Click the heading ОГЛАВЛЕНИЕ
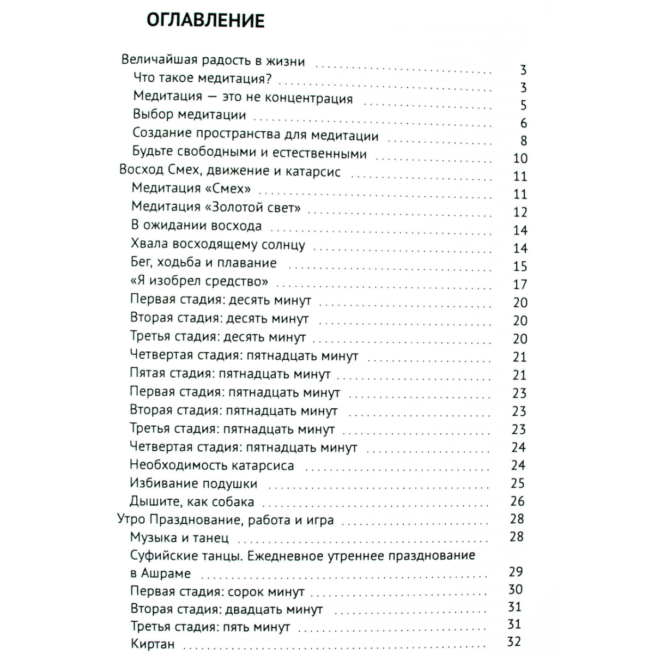[205, 21]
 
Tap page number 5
[523, 105]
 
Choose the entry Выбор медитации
[189, 115]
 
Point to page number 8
[523, 141]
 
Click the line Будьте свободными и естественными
[250, 153]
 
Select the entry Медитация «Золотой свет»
[216, 207]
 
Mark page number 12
[520, 212]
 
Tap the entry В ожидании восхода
[196, 226]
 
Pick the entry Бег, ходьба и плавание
[204, 263]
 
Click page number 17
[520, 284]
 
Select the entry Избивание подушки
[193, 483]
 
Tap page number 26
[517, 501]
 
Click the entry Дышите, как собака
[192, 501]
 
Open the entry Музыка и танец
[179, 537]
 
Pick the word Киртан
[153, 644]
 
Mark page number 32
[514, 642]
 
